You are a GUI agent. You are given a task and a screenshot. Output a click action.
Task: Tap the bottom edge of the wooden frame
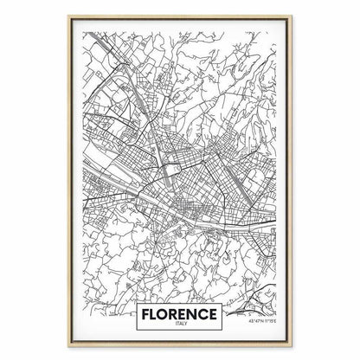(x=180, y=350)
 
